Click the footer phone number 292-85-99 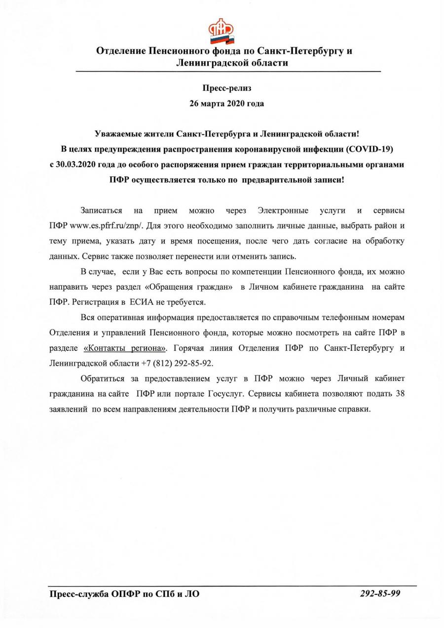click(x=380, y=593)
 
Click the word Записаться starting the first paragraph click(x=101, y=210)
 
